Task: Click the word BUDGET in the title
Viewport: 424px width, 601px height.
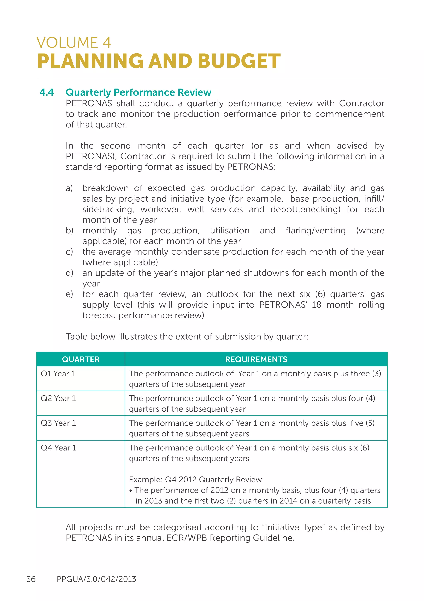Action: point(239,61)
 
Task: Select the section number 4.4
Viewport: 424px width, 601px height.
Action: point(47,92)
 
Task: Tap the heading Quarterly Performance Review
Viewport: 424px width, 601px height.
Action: point(138,92)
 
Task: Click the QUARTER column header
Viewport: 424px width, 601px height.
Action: point(81,359)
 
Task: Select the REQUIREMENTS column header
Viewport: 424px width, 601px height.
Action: point(256,359)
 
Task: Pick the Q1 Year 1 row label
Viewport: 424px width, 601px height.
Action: point(58,374)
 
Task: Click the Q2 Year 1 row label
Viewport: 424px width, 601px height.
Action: point(58,398)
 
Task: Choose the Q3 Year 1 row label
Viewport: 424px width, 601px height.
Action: point(58,423)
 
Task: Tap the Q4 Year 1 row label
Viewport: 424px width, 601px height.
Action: point(58,448)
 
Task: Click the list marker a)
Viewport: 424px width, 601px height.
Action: point(69,188)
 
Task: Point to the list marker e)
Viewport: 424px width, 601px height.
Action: point(69,294)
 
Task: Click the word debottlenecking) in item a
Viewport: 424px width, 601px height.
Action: point(305,210)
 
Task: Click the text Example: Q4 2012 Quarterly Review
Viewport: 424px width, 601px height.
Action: point(195,480)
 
